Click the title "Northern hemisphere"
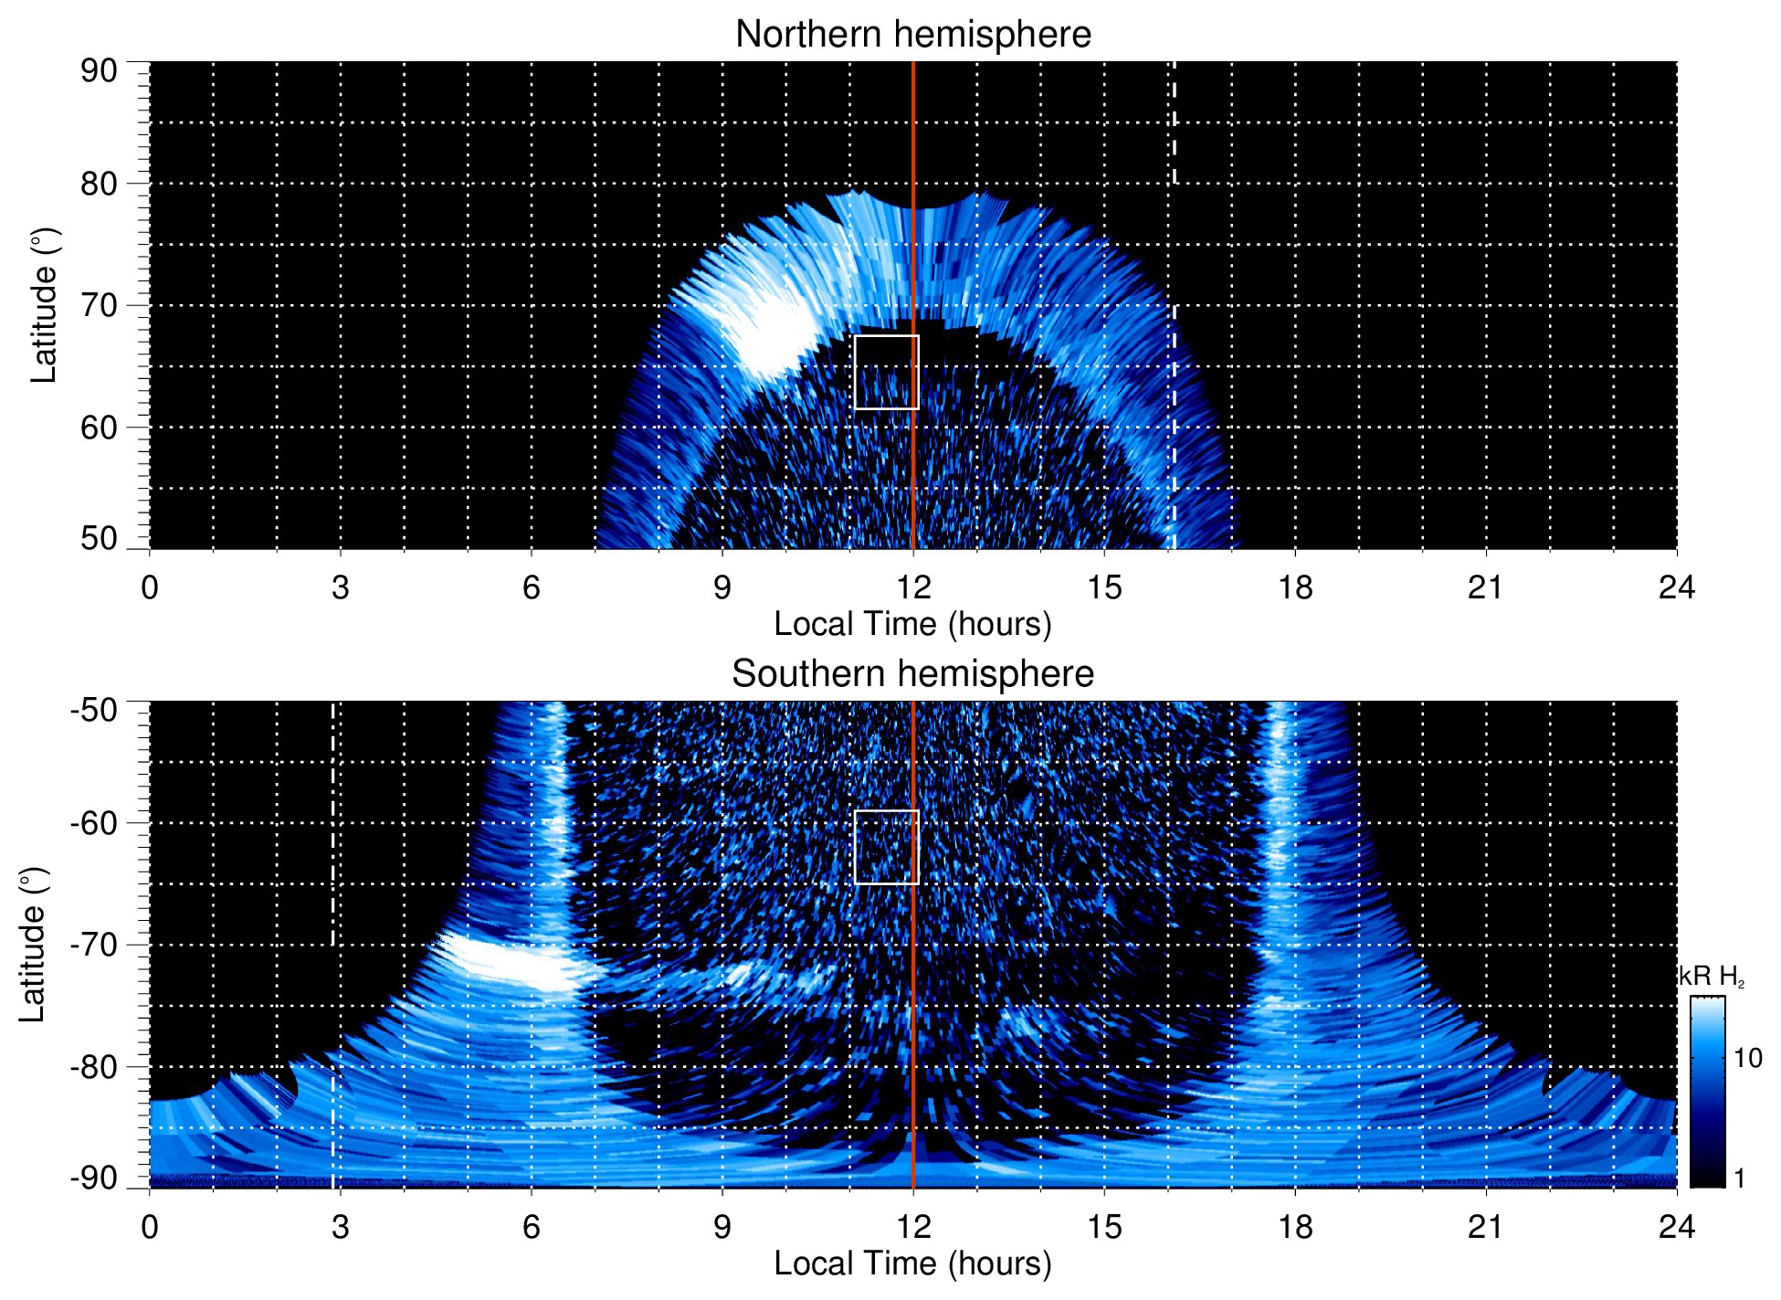click(x=912, y=35)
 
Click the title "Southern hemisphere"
click(x=912, y=674)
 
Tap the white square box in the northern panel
click(x=886, y=372)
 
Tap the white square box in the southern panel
click(x=886, y=847)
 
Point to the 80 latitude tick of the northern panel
click(x=100, y=184)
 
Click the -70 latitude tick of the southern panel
click(x=94, y=945)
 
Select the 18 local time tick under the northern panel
click(x=1295, y=587)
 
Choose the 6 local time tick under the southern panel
click(x=532, y=1227)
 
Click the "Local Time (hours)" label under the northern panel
click(x=912, y=625)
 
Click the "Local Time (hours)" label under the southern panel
click(x=912, y=1264)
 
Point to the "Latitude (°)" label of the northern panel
click(x=44, y=305)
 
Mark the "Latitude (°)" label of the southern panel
click(x=33, y=945)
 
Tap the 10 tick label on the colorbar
click(x=1747, y=1059)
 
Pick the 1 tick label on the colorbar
click(x=1739, y=1178)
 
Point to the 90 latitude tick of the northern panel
click(x=100, y=71)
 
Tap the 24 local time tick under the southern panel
click(x=1676, y=1227)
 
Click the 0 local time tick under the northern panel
click(x=150, y=587)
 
